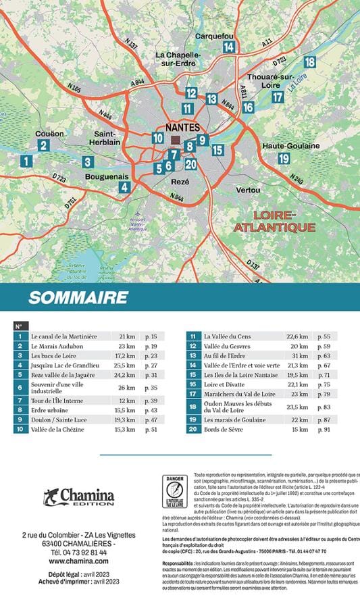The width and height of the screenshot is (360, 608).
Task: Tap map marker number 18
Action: pos(309,62)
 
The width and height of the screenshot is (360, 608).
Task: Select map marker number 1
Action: pos(26,161)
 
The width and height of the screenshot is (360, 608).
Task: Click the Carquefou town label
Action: pos(213,36)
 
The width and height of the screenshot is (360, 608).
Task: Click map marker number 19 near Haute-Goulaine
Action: pos(284,158)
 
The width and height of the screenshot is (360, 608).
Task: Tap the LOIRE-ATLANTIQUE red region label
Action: pos(275,221)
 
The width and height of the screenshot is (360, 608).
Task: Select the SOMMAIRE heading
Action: pos(78,297)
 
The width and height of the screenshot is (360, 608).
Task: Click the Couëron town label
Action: pos(49,134)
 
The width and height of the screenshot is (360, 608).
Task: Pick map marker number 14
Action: pos(229,47)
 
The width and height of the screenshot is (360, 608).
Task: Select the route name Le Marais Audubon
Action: pos(57,346)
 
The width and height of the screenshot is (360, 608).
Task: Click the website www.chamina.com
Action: pos(78,561)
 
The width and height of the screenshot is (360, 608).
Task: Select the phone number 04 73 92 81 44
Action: pos(78,552)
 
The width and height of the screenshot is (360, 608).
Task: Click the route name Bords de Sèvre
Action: pos(215,429)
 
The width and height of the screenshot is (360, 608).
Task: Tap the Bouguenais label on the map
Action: pos(107,176)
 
